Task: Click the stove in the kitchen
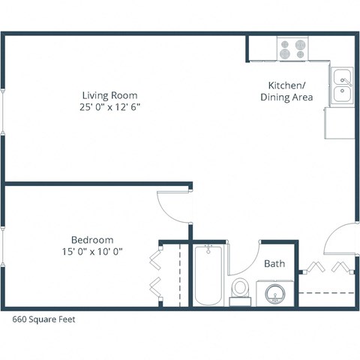click(293, 49)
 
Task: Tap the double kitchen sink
click(342, 84)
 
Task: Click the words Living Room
click(110, 95)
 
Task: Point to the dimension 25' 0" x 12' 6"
click(110, 107)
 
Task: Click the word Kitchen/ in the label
click(286, 85)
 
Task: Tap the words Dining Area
click(286, 97)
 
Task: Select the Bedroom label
click(94, 239)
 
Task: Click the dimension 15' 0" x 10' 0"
click(94, 251)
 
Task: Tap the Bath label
click(274, 264)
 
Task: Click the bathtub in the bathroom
click(208, 275)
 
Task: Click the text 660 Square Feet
click(44, 319)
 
